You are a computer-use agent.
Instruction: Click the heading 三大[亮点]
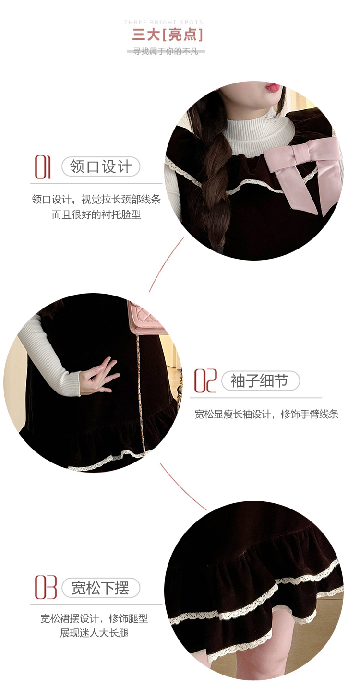[168, 35]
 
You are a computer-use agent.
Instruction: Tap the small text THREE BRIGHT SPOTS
[164, 22]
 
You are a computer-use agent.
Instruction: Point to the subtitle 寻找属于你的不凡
[166, 51]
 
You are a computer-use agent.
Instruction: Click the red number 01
[43, 167]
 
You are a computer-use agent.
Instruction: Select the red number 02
[205, 380]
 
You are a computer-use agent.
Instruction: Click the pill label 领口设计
[100, 166]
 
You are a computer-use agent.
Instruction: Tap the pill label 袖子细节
[260, 380]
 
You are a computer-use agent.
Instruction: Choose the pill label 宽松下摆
[100, 588]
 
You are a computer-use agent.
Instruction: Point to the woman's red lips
[272, 87]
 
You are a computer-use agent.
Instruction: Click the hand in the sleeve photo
[99, 376]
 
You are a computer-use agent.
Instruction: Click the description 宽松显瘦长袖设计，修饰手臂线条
[266, 414]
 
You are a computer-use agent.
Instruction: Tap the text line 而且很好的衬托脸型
[96, 214]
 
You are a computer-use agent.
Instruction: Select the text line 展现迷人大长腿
[94, 633]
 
